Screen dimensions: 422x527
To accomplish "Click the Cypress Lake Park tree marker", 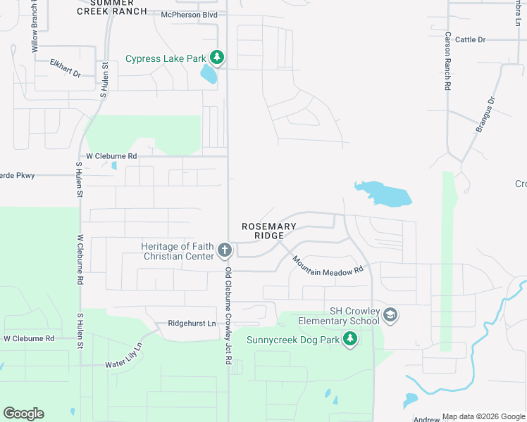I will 218,58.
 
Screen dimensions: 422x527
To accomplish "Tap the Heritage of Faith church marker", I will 225,250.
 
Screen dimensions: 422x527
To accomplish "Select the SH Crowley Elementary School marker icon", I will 390,316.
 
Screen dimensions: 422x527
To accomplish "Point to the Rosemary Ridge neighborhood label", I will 269,231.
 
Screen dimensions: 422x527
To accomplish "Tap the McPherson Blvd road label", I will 189,14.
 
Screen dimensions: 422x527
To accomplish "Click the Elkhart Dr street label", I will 66,68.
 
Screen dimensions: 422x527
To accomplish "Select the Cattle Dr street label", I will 470,39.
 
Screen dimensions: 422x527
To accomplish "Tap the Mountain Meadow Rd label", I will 328,265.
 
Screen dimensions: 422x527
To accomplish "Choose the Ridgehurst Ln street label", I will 192,324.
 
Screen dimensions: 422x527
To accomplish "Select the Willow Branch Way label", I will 34,28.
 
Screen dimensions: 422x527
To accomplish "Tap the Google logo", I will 23,414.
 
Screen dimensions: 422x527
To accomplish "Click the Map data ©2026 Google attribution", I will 483,416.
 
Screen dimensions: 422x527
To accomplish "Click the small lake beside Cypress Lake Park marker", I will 209,73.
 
